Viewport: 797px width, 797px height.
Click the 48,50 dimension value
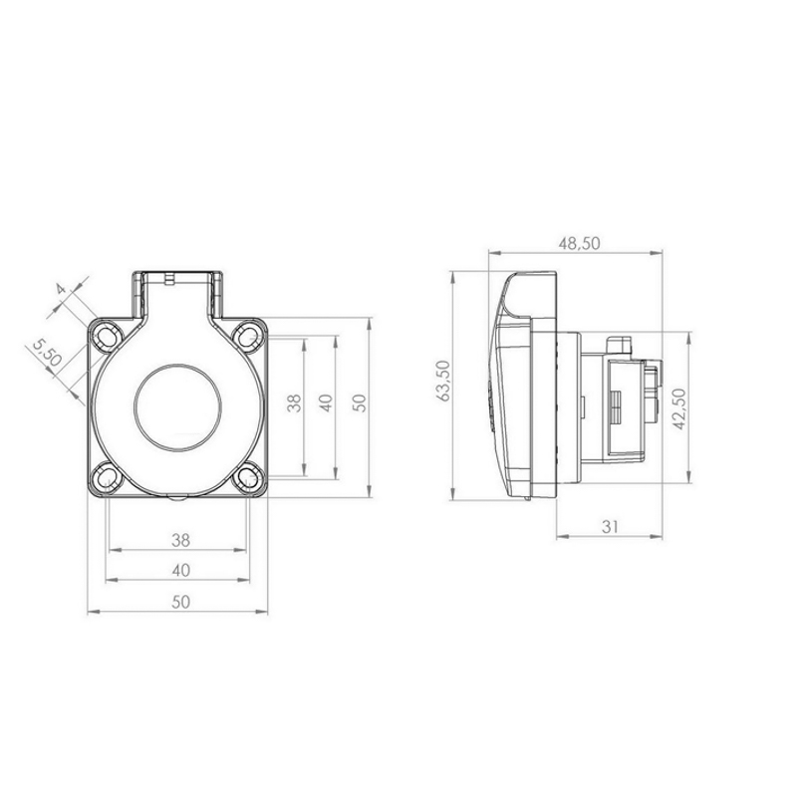580,243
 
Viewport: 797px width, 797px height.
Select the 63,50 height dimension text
443,381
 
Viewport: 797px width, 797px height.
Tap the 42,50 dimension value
679,408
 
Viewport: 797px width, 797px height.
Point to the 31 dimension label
610,527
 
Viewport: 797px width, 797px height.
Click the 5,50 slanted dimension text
47,354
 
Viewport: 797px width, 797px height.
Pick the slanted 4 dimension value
61,289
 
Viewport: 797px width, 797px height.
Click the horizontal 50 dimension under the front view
180,602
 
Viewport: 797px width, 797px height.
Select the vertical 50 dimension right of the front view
359,403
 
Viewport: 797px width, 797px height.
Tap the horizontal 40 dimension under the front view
181,570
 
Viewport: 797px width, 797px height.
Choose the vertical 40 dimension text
326,403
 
